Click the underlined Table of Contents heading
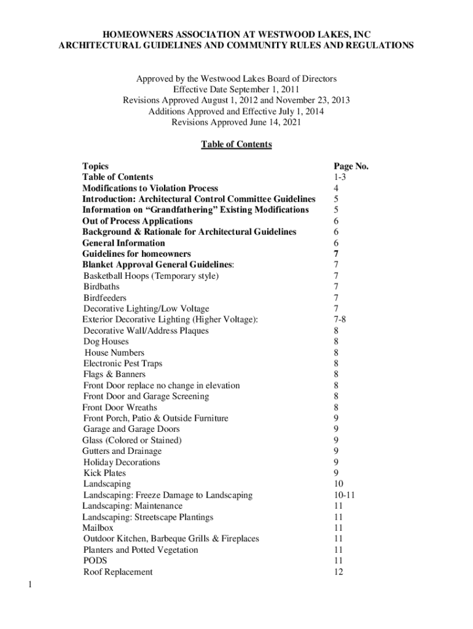[237, 144]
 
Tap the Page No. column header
[351, 166]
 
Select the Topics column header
[95, 166]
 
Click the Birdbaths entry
[101, 287]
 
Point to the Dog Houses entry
[106, 342]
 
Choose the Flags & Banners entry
[114, 375]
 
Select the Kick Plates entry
[104, 473]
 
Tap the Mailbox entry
[98, 528]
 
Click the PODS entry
[95, 561]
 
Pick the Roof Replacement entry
[118, 572]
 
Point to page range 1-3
[340, 178]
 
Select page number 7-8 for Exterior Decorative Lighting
[340, 320]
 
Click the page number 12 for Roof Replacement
[338, 572]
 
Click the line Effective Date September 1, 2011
[237, 90]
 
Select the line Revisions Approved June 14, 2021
[237, 123]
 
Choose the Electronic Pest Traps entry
[123, 364]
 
